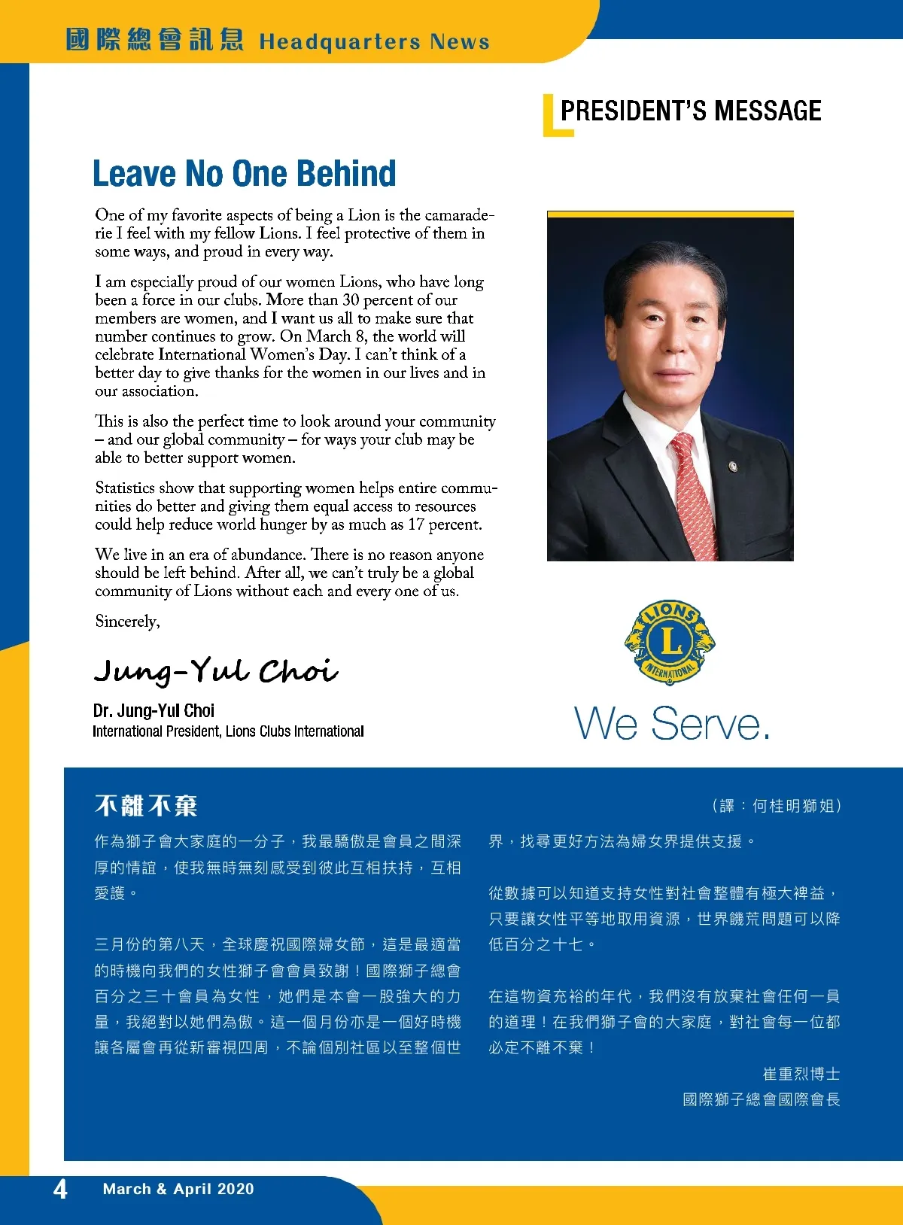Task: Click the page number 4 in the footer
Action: pyautogui.click(x=60, y=1189)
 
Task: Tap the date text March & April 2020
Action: pyautogui.click(x=178, y=1189)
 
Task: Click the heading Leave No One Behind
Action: pyautogui.click(x=244, y=173)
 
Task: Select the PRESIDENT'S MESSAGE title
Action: pyautogui.click(x=690, y=111)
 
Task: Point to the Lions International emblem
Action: pyautogui.click(x=670, y=642)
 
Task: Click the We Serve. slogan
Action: pyautogui.click(x=672, y=724)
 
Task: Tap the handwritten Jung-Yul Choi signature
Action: pyautogui.click(x=215, y=670)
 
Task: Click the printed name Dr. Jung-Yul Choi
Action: pyautogui.click(x=154, y=710)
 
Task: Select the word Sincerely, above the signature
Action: pyautogui.click(x=127, y=622)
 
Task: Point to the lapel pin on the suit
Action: pyautogui.click(x=733, y=467)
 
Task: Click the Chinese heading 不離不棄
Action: pyautogui.click(x=146, y=806)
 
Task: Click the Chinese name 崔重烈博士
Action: pyautogui.click(x=801, y=1074)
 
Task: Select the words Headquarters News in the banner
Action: pyautogui.click(x=374, y=41)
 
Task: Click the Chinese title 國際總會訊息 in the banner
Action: pyautogui.click(x=154, y=39)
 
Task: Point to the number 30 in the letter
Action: pyautogui.click(x=351, y=299)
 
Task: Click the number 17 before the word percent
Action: pyautogui.click(x=416, y=524)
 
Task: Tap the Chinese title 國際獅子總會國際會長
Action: pyautogui.click(x=761, y=1099)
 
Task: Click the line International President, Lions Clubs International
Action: pyautogui.click(x=228, y=731)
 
